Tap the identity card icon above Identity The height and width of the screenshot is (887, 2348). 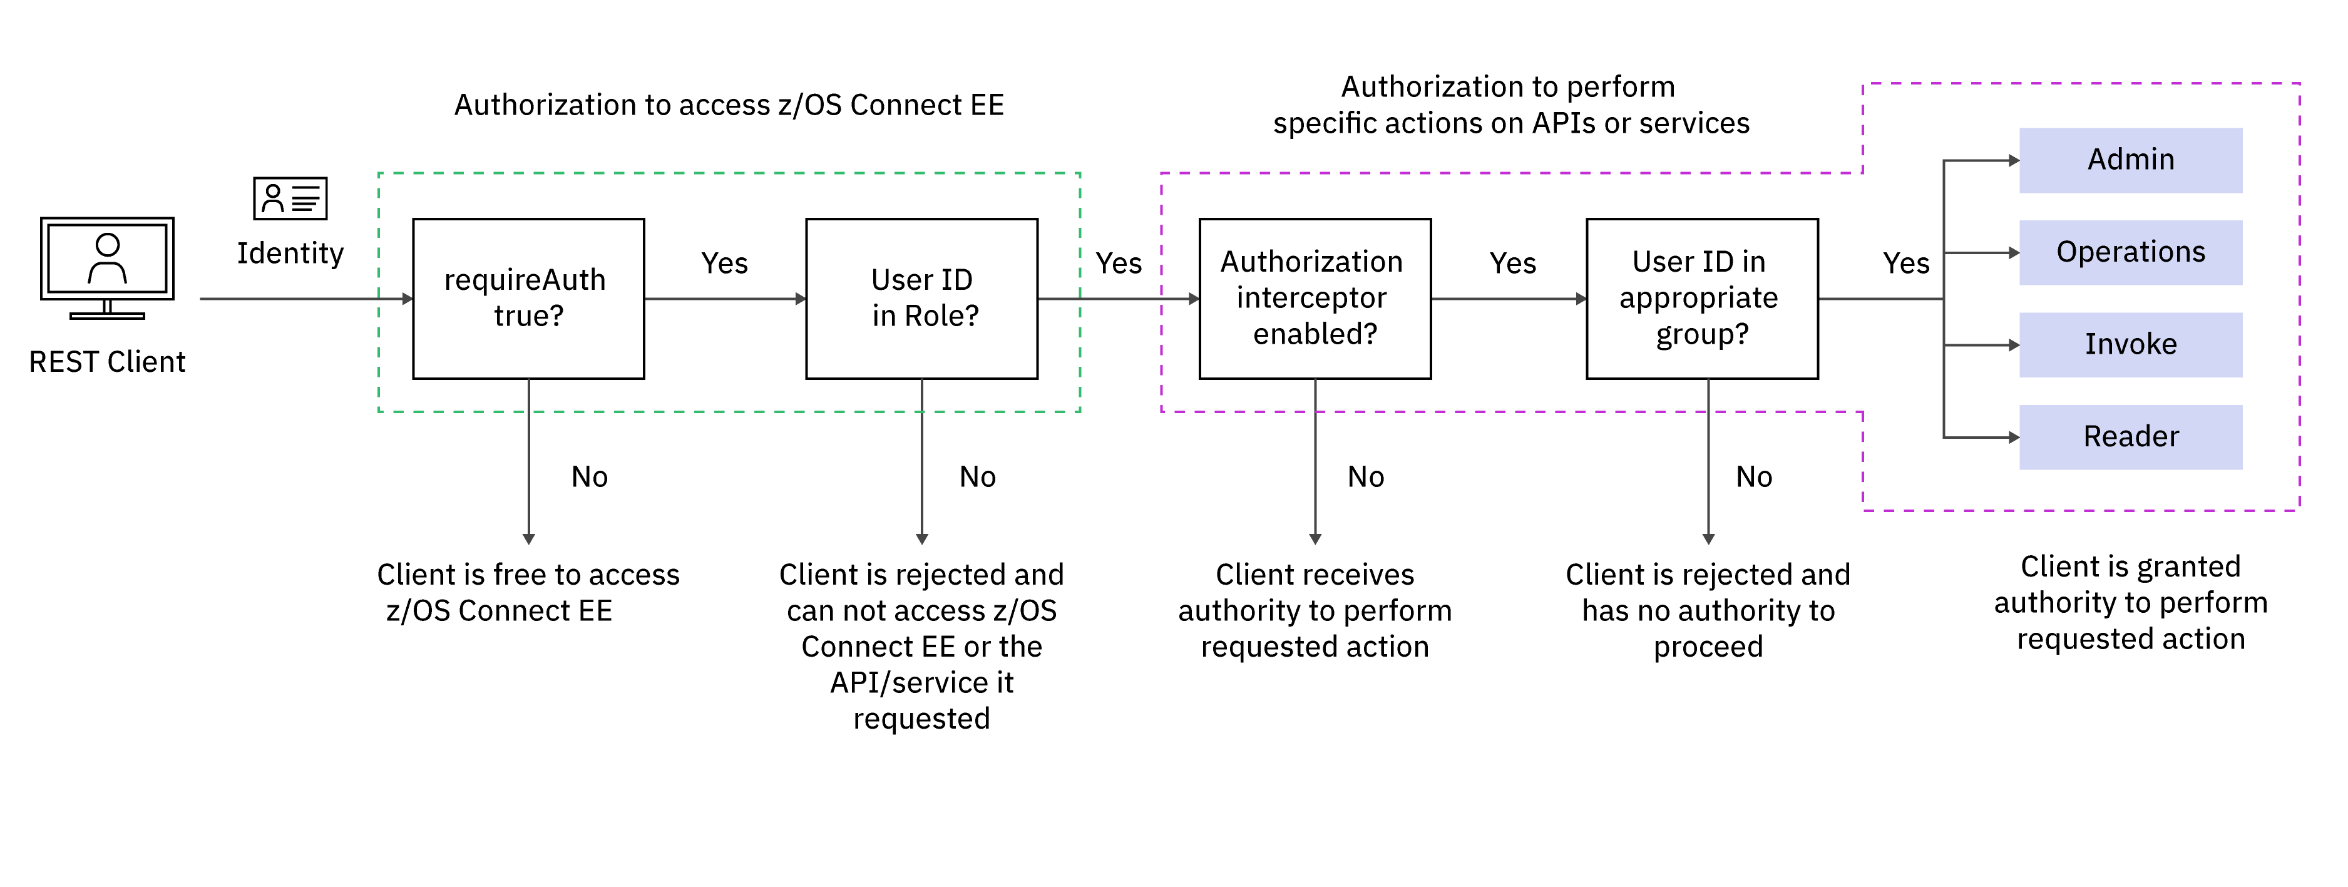(x=290, y=198)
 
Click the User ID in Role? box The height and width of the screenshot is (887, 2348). (x=921, y=298)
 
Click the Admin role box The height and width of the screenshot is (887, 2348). (x=2130, y=160)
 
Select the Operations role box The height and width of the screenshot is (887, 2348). (x=2130, y=252)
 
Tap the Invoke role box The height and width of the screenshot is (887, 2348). (x=2130, y=344)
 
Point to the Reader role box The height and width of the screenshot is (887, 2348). (x=2130, y=437)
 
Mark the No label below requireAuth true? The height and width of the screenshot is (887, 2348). (x=589, y=477)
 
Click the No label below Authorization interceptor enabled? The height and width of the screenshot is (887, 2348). (x=1365, y=477)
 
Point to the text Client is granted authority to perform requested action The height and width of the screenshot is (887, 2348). (x=2130, y=603)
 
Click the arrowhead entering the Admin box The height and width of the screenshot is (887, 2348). (x=2014, y=160)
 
